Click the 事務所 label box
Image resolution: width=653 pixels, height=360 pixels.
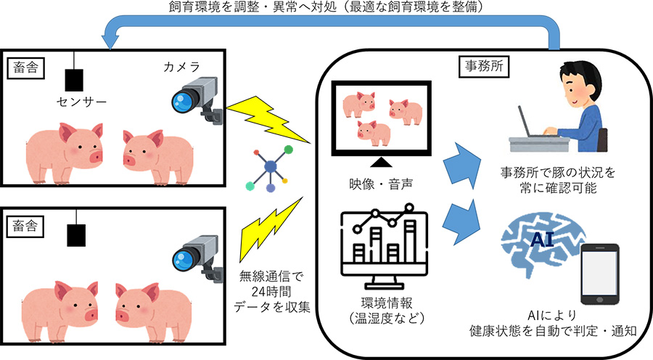tap(485, 66)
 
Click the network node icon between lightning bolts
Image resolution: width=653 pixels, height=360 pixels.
tap(270, 168)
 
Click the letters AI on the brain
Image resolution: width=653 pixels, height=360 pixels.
tap(541, 240)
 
